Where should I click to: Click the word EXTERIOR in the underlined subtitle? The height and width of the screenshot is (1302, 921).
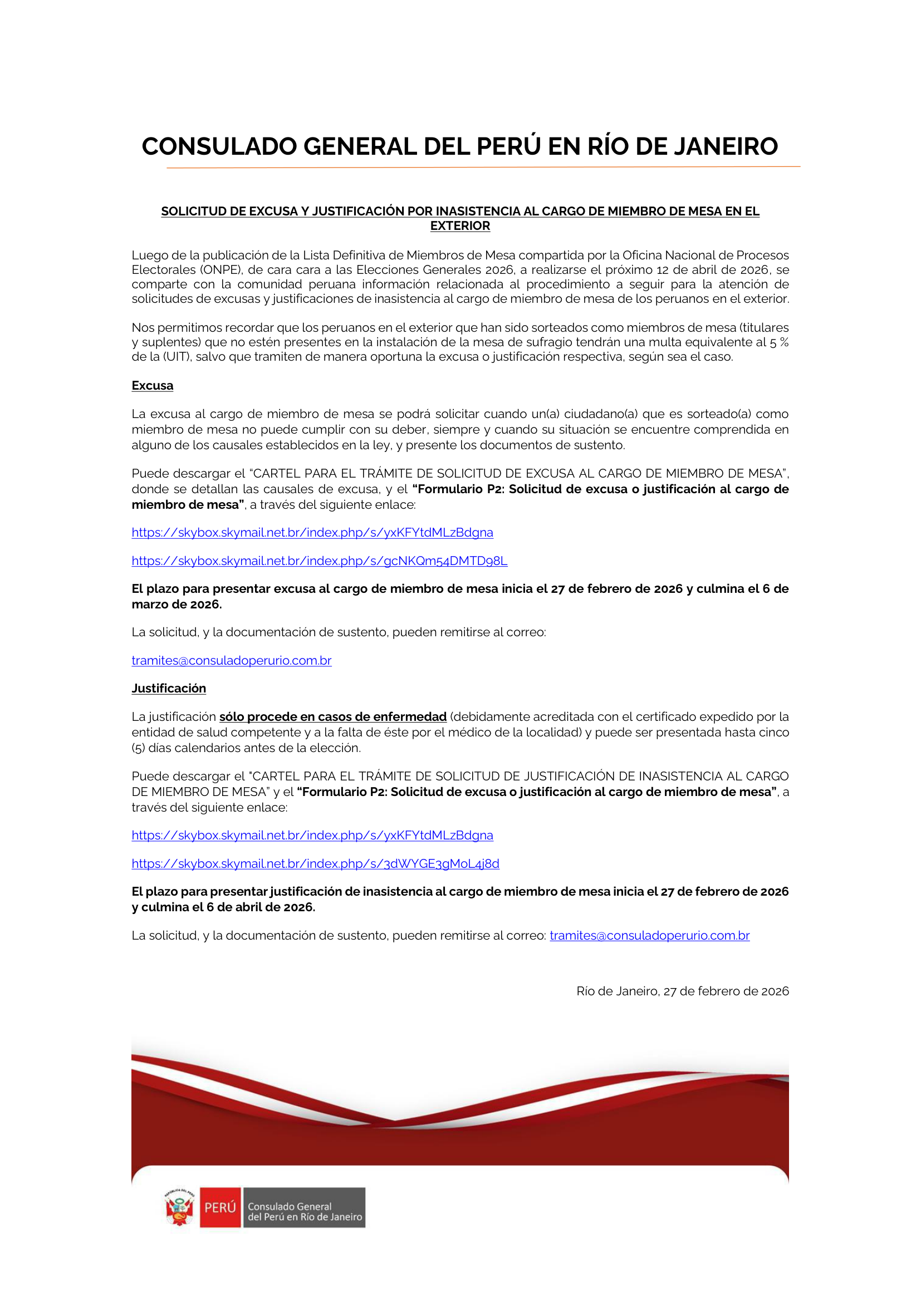(460, 225)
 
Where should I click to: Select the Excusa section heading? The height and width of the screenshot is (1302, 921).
(152, 386)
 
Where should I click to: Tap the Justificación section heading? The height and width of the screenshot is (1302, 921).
(168, 689)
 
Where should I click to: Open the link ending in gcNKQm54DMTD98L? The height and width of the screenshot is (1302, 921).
(319, 561)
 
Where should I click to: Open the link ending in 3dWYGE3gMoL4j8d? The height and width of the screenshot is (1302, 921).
(315, 864)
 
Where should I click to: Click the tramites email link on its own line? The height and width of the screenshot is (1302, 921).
(232, 661)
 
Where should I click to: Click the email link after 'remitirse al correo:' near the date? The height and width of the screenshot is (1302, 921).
(649, 936)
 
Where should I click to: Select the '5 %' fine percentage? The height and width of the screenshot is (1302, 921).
(778, 342)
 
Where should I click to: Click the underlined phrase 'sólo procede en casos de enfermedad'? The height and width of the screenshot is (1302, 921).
(333, 717)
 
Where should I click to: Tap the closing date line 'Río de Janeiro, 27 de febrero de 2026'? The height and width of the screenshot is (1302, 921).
(682, 991)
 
